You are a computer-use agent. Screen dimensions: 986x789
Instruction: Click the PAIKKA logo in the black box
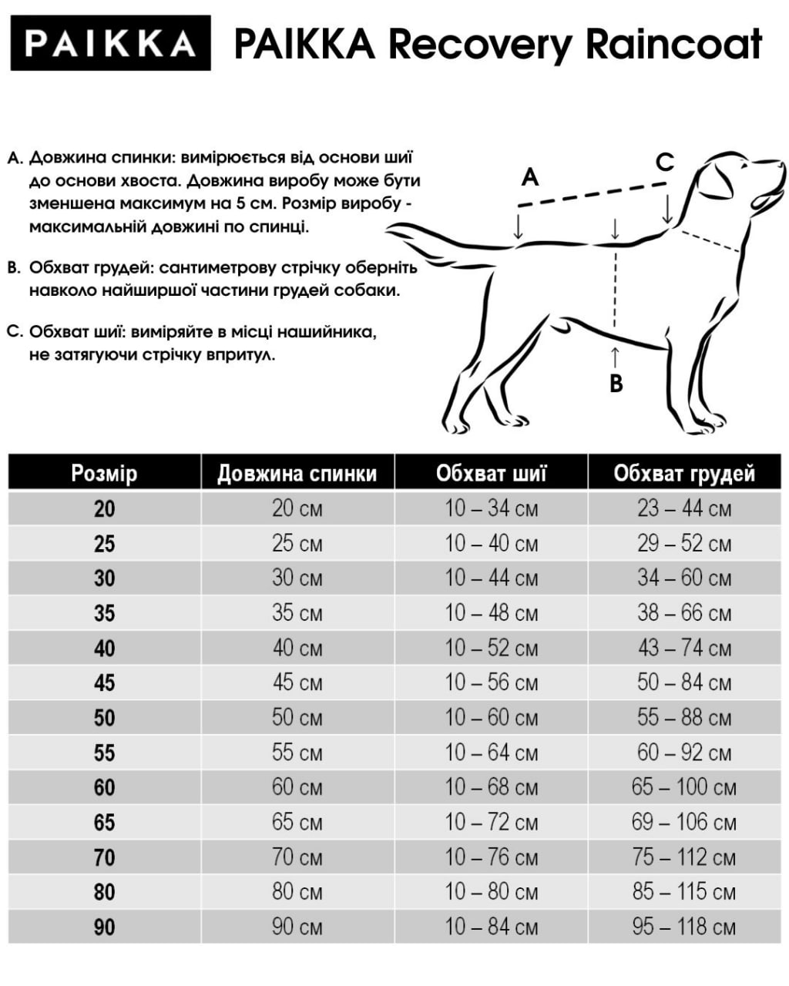click(x=110, y=43)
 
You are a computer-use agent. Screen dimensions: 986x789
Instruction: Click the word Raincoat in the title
click(x=674, y=44)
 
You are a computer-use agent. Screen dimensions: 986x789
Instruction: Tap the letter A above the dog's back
click(x=529, y=178)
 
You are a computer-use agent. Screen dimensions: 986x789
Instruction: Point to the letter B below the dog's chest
click(x=616, y=383)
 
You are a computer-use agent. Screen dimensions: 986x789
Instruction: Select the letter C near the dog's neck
click(x=664, y=163)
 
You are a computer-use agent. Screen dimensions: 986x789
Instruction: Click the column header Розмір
click(x=104, y=472)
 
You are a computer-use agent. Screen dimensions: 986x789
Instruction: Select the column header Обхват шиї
click(x=491, y=472)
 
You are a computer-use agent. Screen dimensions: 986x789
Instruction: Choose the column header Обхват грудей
click(x=684, y=473)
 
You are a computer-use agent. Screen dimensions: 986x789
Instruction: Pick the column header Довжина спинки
click(x=297, y=473)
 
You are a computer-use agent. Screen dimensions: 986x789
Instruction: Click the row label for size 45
click(x=104, y=682)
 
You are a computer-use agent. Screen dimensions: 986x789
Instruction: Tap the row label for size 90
click(x=104, y=927)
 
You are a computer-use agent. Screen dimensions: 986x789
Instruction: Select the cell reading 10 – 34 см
click(x=491, y=508)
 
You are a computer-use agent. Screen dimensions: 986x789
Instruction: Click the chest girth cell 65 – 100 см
click(x=684, y=787)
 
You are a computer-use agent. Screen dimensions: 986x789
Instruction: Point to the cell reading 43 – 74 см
click(x=684, y=648)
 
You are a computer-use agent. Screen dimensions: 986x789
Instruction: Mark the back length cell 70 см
click(x=297, y=857)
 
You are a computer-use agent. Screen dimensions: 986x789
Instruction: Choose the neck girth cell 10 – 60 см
click(x=491, y=718)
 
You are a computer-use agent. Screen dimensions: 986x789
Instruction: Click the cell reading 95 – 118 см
click(x=684, y=927)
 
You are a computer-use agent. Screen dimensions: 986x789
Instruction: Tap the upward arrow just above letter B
click(x=615, y=357)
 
